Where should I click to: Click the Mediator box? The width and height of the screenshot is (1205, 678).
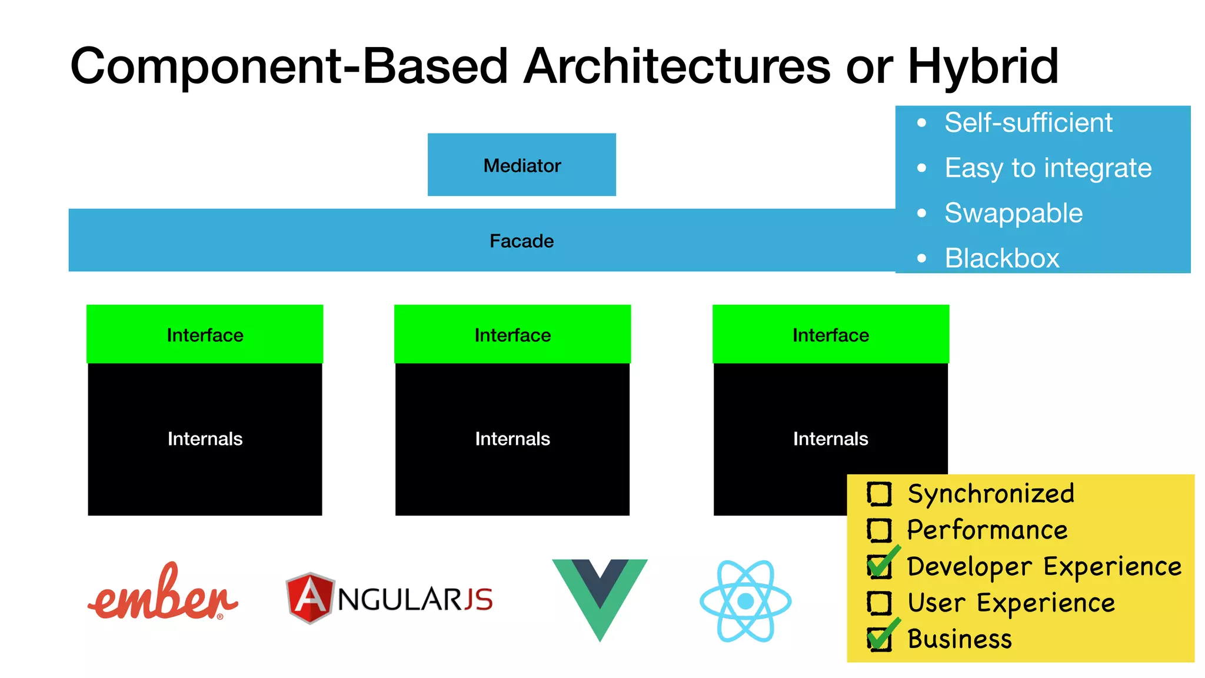521,165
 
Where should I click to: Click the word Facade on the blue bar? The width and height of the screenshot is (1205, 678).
521,241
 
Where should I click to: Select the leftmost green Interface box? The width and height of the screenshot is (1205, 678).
205,334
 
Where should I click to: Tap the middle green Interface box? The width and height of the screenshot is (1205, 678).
512,334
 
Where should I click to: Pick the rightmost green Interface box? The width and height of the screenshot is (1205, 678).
830,334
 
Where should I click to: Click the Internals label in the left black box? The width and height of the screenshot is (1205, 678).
205,438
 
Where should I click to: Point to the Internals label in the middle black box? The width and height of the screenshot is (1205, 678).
512,438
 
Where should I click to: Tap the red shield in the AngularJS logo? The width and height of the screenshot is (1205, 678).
309,598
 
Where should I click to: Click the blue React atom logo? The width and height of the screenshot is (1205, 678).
745,601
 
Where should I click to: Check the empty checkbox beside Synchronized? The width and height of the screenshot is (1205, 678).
879,494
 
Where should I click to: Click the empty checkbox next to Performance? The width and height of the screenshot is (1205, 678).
879,530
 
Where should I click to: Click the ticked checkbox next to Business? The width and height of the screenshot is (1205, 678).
879,639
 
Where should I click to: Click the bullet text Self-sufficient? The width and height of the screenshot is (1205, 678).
1028,123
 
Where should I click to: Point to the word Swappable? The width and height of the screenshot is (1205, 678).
1013,213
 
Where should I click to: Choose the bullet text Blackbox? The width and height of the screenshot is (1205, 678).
1001,258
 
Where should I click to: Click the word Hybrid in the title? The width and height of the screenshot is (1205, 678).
983,67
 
